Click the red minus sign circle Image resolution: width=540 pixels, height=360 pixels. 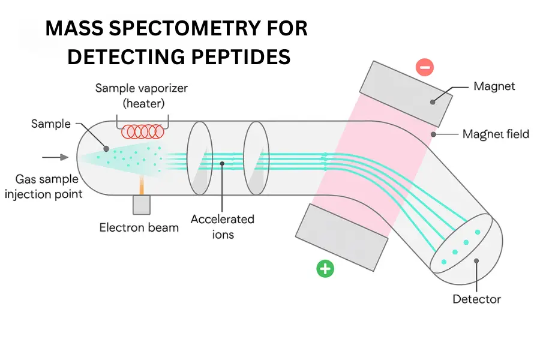pos(425,67)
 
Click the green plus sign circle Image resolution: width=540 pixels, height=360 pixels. pos(325,269)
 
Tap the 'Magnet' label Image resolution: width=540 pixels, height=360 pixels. pos(494,86)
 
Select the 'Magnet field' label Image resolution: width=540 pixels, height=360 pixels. pos(496,134)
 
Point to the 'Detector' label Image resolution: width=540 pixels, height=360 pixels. pos(477,299)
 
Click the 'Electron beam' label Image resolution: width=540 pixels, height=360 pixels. pos(139,227)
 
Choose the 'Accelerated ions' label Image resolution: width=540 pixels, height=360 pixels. pos(222,226)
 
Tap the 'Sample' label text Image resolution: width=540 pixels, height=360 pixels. pos(50,124)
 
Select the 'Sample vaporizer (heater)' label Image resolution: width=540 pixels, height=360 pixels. pos(142,95)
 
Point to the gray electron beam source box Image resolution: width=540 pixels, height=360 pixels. pos(142,205)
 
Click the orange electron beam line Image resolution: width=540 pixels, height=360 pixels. pos(142,185)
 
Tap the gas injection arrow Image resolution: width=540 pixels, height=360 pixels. pos(55,158)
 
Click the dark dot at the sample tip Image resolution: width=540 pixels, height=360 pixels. pos(106,148)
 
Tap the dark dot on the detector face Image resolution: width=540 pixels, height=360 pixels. pos(476,261)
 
